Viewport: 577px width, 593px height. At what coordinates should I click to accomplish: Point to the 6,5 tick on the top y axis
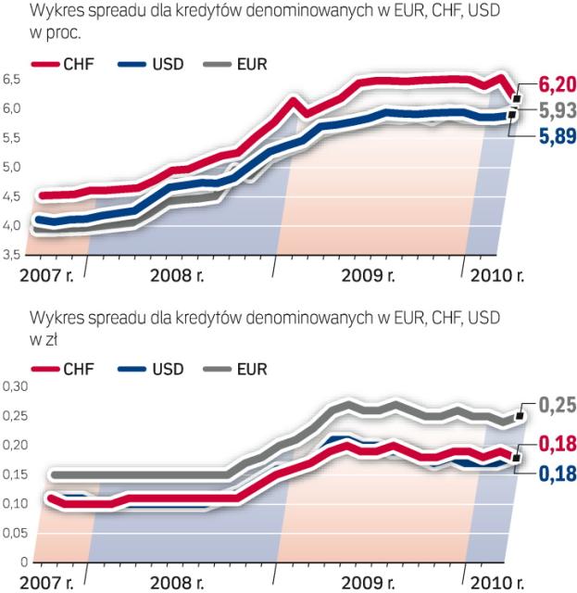point(11,80)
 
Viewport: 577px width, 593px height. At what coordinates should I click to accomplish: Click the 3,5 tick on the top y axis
point(11,254)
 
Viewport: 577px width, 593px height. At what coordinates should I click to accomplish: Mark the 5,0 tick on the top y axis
point(11,167)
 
